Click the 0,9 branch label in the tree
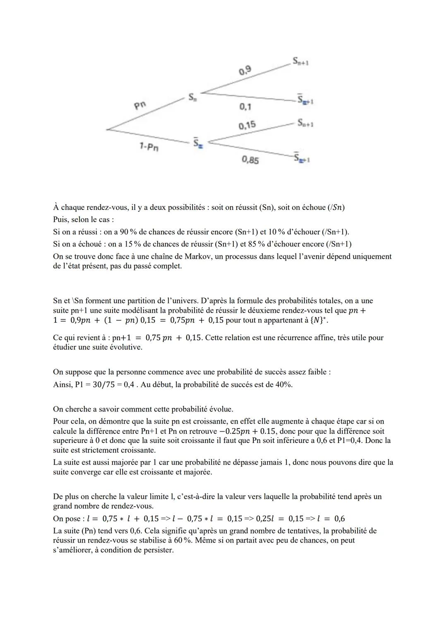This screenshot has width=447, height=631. tap(245, 71)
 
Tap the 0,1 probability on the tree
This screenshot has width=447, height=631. tap(245, 107)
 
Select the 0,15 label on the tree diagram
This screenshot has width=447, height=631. tap(247, 125)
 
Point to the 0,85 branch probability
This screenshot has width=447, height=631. tap(250, 160)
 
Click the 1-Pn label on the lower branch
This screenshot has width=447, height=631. tap(150, 146)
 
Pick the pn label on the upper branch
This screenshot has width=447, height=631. tap(140, 105)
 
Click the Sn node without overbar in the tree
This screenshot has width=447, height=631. tap(192, 98)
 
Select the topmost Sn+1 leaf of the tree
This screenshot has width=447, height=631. tap(301, 62)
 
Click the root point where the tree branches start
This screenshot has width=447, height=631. tap(107, 129)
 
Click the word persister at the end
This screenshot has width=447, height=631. tap(156, 550)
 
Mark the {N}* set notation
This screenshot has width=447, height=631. tap(321, 320)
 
